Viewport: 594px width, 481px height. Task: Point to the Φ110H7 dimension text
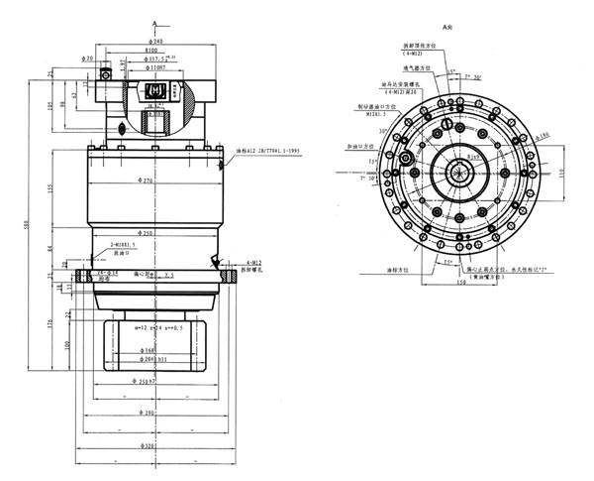[x=154, y=68]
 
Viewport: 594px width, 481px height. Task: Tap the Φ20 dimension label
[x=90, y=59]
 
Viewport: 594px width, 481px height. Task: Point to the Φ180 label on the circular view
[x=542, y=136]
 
